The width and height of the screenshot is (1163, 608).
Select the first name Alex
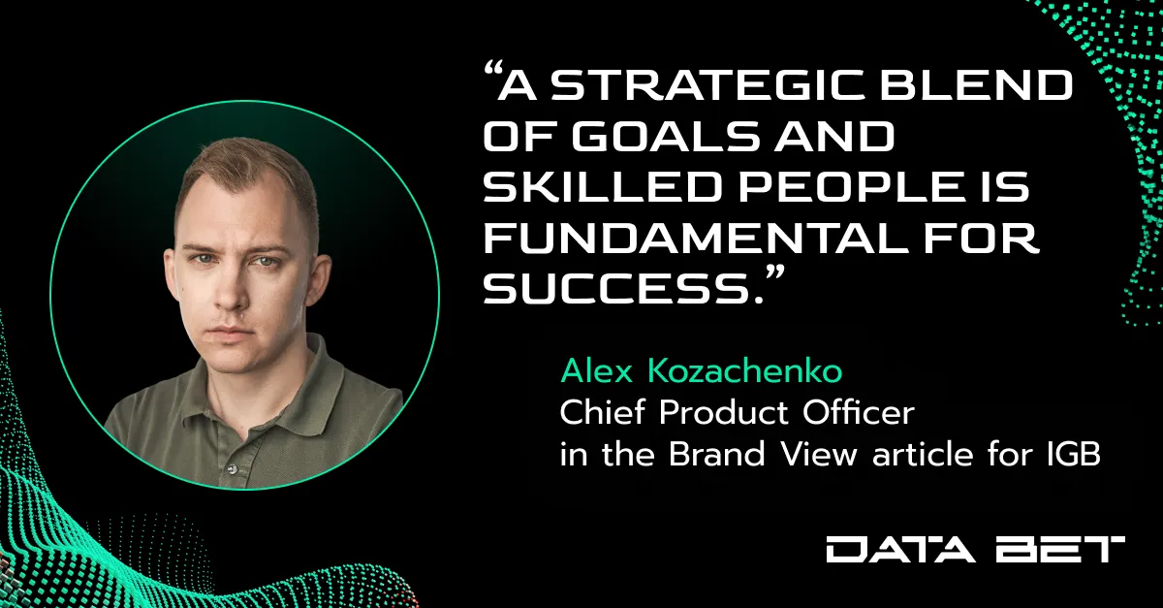pos(597,371)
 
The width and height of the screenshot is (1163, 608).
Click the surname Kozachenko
pos(744,371)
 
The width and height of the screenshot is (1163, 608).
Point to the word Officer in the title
pos(859,413)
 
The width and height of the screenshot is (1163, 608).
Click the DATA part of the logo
pos(901,550)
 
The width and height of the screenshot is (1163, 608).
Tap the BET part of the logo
pos(1060,550)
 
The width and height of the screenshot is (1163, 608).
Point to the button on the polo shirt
pos(229,469)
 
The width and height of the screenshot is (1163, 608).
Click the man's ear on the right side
pos(317,278)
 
